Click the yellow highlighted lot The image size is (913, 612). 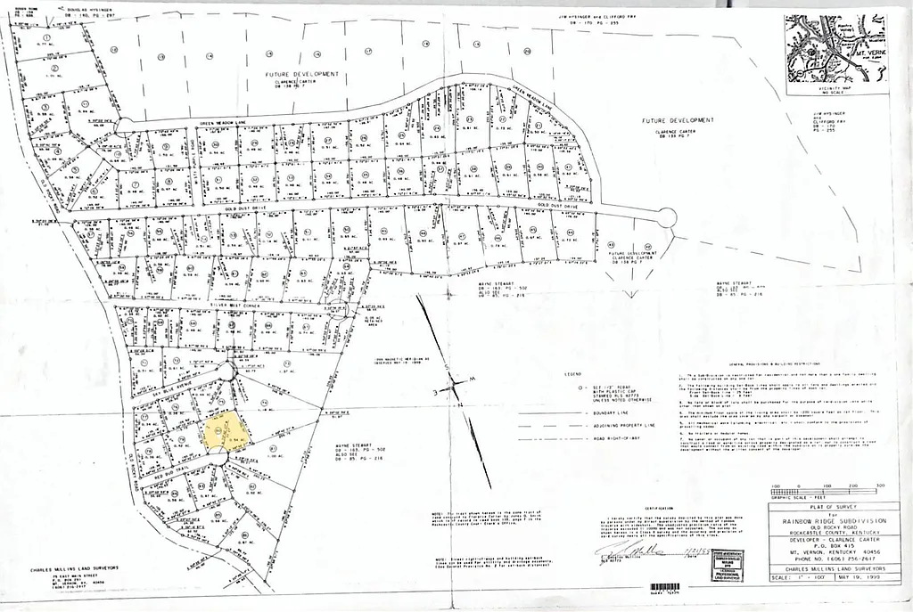[x=222, y=430]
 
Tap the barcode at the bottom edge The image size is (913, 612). [x=665, y=587]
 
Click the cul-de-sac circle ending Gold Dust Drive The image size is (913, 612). [x=667, y=217]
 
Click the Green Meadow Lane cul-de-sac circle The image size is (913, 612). [x=124, y=126]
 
